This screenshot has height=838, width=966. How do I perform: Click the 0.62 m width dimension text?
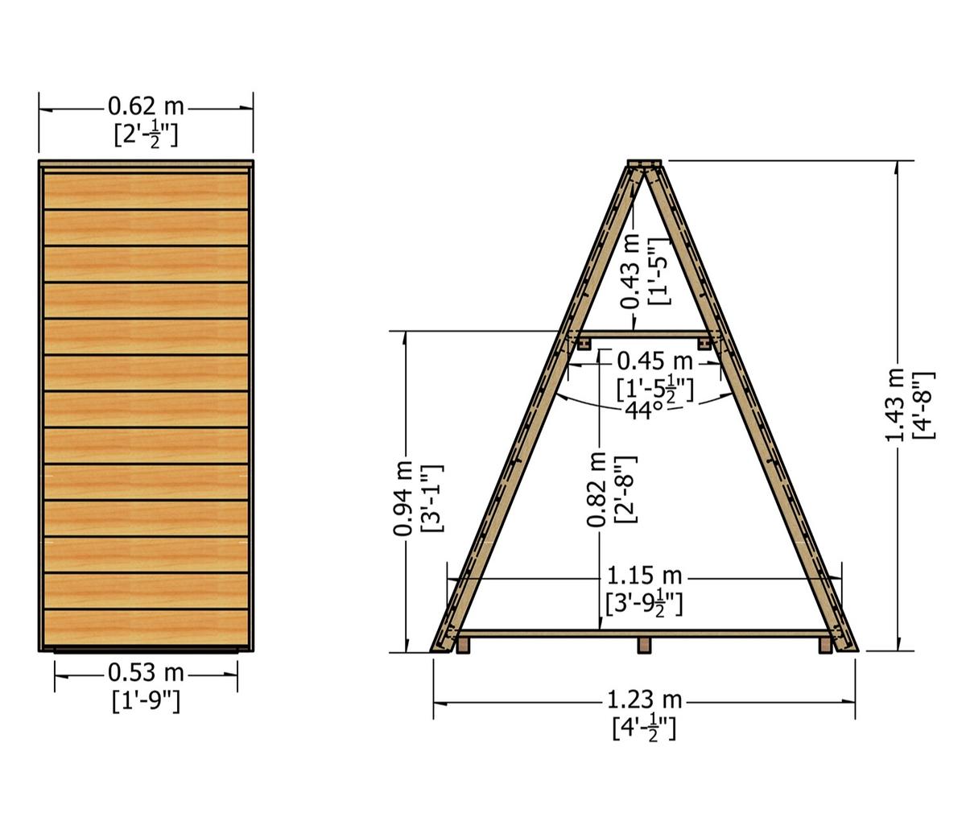tap(146, 107)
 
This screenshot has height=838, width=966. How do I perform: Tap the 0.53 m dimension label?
tap(146, 673)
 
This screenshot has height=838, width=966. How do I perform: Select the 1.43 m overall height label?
tap(894, 405)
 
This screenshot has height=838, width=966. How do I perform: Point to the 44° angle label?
tap(645, 411)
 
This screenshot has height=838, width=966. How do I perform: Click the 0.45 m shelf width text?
tap(654, 361)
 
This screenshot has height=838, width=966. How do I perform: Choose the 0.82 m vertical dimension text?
tap(597, 489)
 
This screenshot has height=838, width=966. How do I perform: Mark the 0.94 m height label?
tap(403, 498)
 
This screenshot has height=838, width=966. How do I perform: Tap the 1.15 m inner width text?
tap(644, 576)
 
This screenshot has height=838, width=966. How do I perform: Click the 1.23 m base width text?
tap(644, 700)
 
